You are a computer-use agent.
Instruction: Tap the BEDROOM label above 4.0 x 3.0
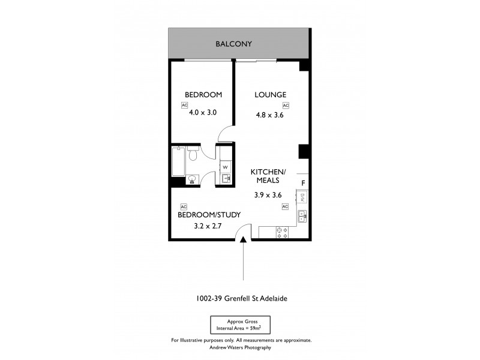203,95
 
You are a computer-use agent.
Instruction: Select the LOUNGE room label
269,95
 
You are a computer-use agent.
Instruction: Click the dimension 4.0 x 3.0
203,112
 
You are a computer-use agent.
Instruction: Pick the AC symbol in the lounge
286,106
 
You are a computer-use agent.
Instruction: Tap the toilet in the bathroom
193,156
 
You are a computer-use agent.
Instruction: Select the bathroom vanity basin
192,178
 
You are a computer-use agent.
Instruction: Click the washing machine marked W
225,167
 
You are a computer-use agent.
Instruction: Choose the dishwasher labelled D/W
302,197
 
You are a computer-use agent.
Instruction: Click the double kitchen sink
302,215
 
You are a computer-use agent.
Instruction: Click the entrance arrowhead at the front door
243,241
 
